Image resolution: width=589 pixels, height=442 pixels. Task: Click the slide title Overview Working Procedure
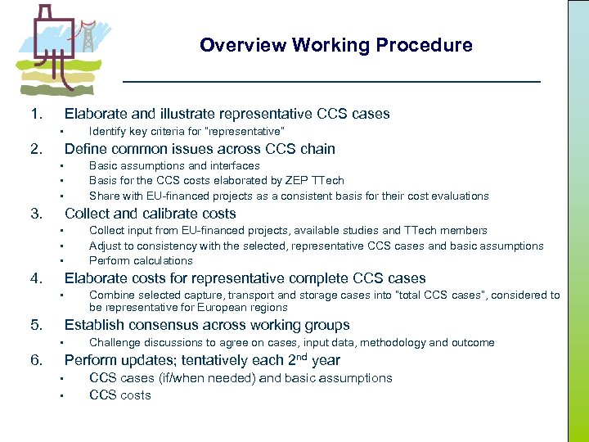[x=335, y=45]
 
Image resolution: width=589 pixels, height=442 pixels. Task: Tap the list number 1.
[x=36, y=114]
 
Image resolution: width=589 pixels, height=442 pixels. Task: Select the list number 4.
[x=36, y=278]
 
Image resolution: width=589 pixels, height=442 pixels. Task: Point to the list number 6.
[x=36, y=360]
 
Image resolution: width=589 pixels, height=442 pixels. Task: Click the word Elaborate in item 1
[x=93, y=114]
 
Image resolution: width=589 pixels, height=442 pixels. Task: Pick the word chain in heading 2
[x=317, y=148]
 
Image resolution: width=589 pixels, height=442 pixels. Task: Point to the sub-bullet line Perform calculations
[x=141, y=260]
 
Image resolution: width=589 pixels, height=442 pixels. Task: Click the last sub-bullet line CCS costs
[x=119, y=395]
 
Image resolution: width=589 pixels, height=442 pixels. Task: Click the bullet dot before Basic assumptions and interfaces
[x=61, y=166]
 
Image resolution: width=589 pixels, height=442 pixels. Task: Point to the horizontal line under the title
[x=331, y=82]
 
